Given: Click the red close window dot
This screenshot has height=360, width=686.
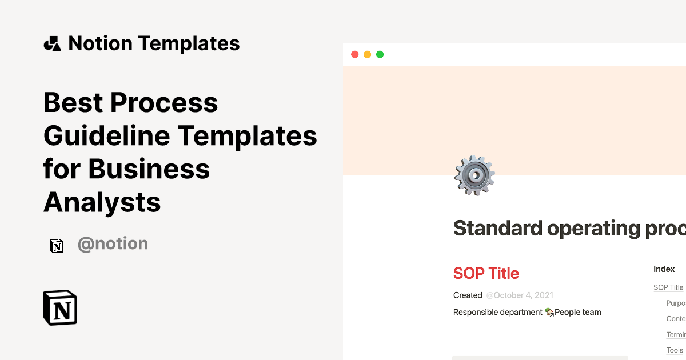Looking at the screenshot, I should tap(354, 55).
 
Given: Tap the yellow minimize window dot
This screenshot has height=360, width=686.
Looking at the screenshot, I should tap(367, 55).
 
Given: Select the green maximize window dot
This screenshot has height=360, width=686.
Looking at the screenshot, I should tap(380, 55).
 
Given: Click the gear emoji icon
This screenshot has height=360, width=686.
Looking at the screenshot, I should tap(474, 175).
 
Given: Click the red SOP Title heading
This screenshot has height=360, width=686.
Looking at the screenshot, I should tap(486, 273).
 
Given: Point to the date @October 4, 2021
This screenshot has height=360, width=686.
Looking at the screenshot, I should tap(520, 295).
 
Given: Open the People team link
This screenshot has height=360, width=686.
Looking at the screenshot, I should tap(577, 312).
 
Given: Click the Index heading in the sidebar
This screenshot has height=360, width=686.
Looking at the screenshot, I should tap(664, 269).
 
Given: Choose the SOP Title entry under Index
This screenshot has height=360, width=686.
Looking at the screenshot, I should tap(668, 287).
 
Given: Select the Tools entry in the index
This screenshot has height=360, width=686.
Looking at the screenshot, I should tap(675, 350).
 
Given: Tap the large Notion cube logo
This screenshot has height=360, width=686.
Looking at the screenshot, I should tap(60, 307).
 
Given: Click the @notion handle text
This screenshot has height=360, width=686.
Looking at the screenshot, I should tap(113, 244).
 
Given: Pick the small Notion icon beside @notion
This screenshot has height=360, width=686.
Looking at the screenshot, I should tap(57, 246).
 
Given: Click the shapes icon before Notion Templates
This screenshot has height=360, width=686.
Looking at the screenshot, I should tap(52, 43).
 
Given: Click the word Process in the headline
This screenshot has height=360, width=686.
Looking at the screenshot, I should tap(164, 103).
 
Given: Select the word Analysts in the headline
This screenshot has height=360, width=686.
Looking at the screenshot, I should tap(102, 202).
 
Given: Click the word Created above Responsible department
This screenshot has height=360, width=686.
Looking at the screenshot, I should tap(468, 295).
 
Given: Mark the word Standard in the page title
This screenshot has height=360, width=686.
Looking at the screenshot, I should tap(497, 229).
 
